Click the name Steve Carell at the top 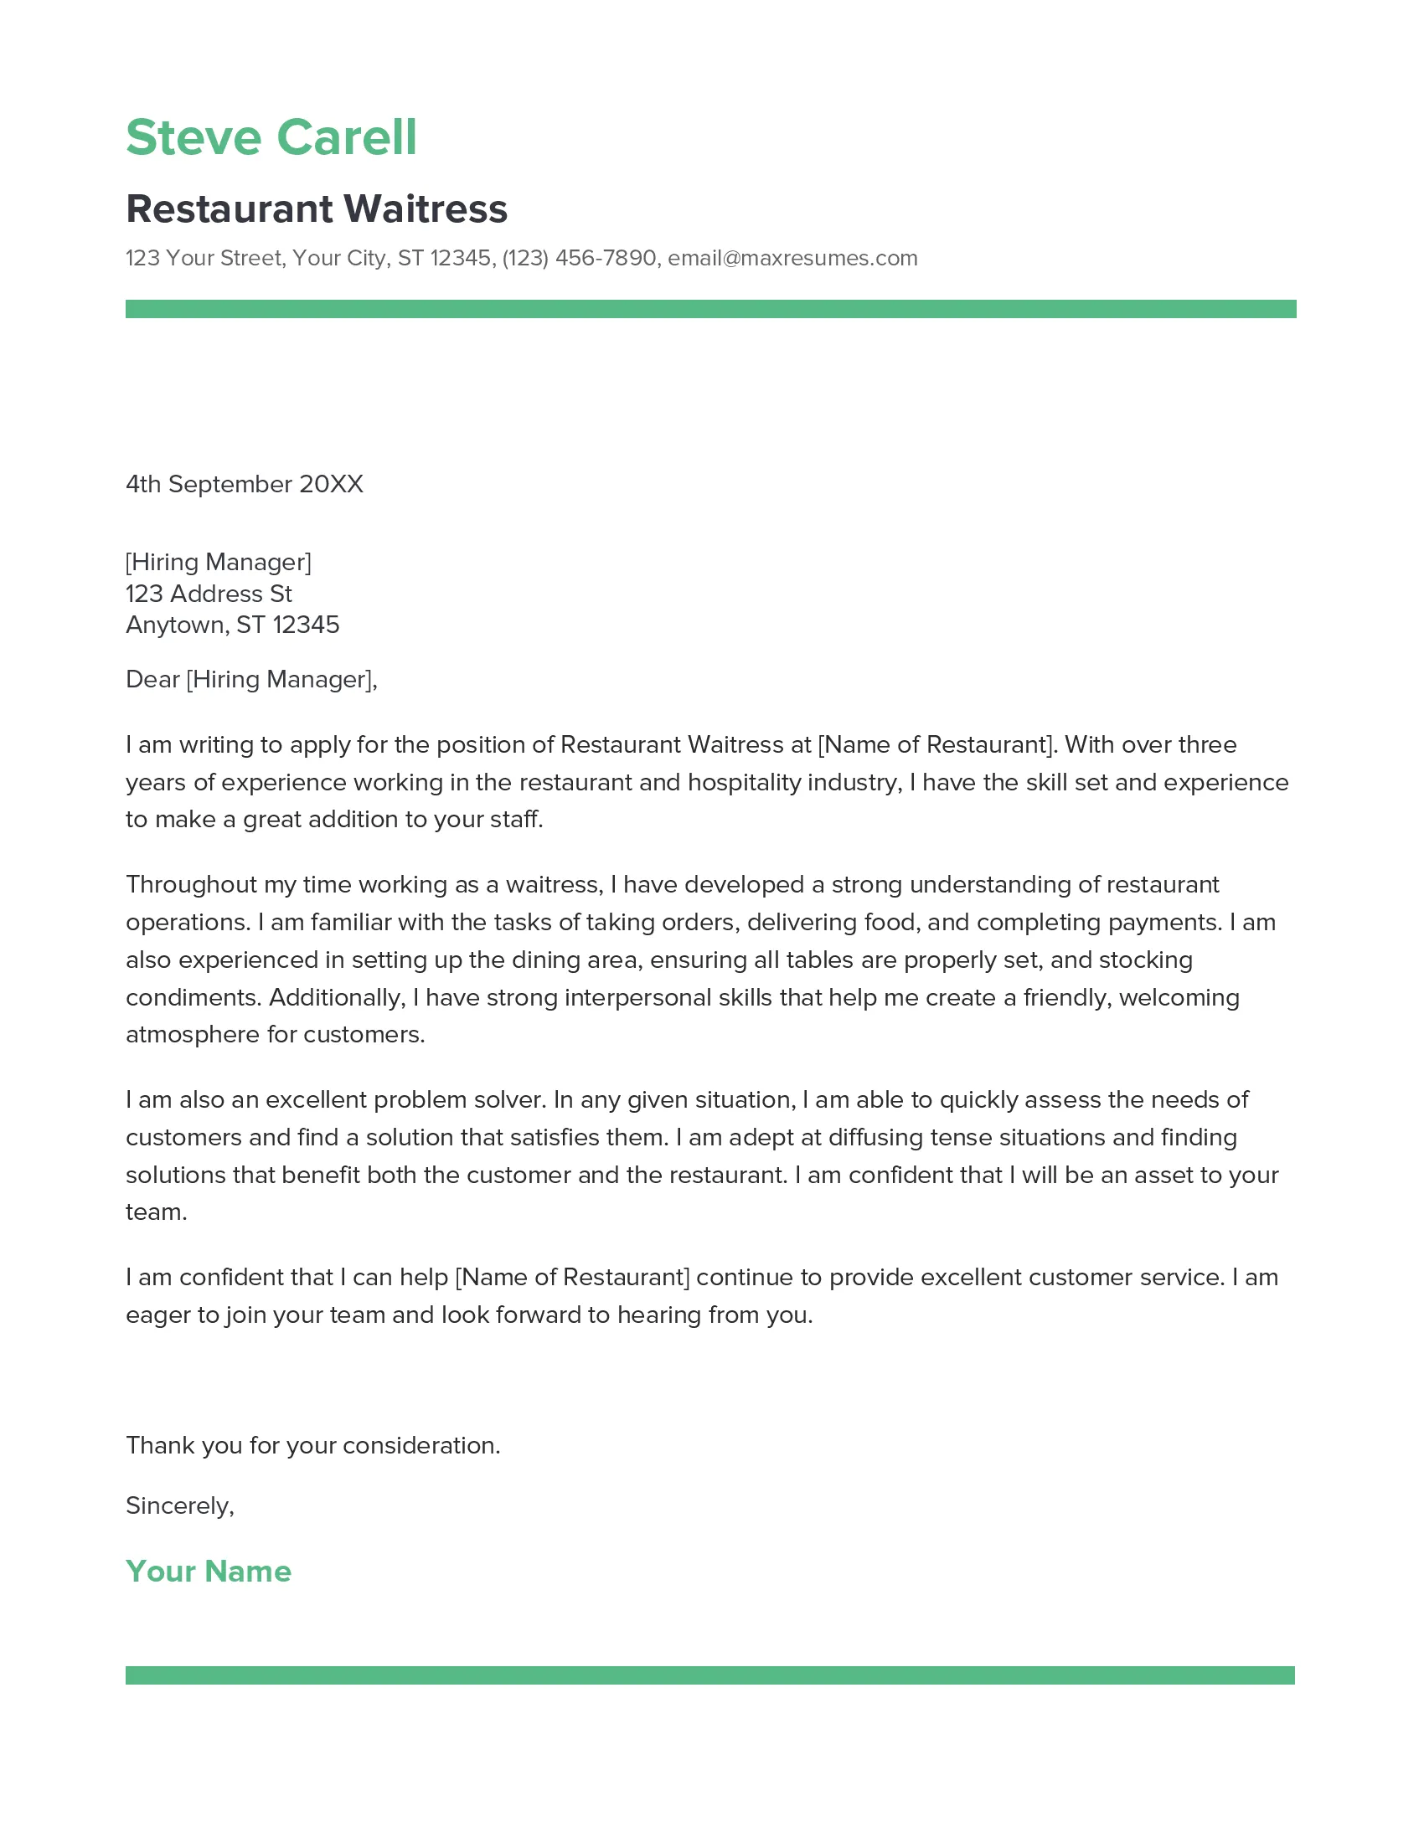click(271, 137)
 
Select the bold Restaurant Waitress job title click(317, 209)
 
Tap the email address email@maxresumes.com click(792, 258)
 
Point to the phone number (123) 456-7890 click(579, 258)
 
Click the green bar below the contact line click(710, 309)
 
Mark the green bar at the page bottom click(709, 1675)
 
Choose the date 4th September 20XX click(244, 484)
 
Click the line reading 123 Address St click(209, 594)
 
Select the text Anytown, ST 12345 click(232, 625)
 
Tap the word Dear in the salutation click(152, 679)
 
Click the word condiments click(193, 998)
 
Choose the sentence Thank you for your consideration click(313, 1446)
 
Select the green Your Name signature click(209, 1572)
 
